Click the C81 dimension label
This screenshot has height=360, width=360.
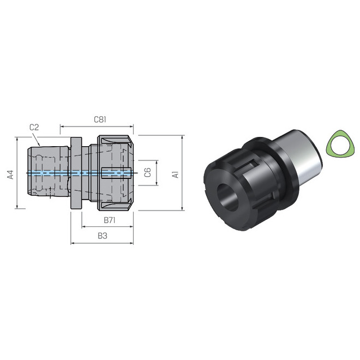click(99, 118)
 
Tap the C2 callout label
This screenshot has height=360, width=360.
click(34, 127)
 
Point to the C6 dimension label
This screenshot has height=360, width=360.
click(147, 172)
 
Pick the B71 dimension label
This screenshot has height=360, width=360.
click(109, 220)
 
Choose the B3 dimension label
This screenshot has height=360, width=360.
click(102, 236)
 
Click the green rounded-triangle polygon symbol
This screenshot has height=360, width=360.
click(338, 145)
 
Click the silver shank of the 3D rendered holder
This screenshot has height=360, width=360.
click(299, 155)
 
